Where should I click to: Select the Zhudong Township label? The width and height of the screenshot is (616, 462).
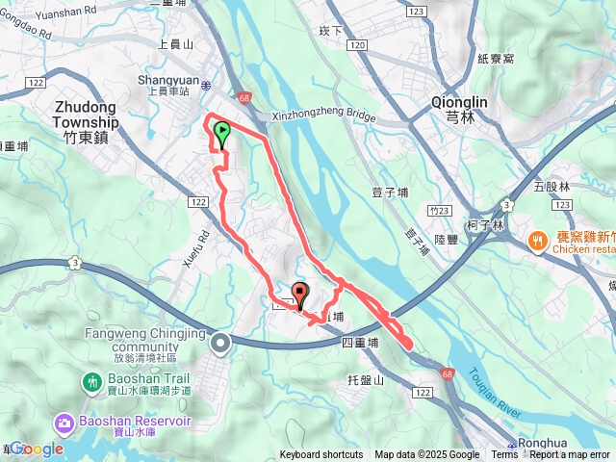coord(72,116)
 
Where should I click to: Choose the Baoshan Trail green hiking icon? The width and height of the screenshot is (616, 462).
coord(93,381)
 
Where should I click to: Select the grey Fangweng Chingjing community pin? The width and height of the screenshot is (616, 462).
coord(221,342)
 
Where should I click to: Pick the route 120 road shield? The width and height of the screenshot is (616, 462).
coord(358,45)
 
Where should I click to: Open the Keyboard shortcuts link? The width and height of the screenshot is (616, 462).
coord(321,455)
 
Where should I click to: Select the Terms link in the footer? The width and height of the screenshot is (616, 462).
coord(504,455)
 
